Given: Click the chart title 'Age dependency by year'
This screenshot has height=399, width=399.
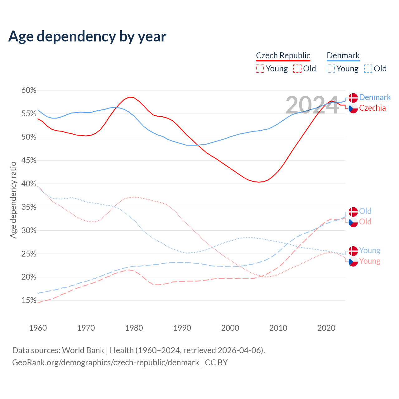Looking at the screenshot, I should pyautogui.click(x=87, y=36).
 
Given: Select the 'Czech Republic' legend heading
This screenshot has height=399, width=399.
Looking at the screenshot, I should pyautogui.click(x=283, y=55).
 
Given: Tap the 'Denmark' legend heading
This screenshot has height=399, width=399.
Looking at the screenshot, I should pyautogui.click(x=343, y=55).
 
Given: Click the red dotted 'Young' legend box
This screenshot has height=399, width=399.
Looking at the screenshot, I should pyautogui.click(x=260, y=69).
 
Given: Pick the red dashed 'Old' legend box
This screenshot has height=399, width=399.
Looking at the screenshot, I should pyautogui.click(x=297, y=69).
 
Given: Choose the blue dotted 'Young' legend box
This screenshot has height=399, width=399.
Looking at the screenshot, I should pyautogui.click(x=331, y=69).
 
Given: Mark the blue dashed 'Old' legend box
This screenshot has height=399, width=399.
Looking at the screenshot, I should pyautogui.click(x=368, y=69).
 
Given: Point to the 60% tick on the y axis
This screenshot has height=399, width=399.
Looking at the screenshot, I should pyautogui.click(x=29, y=90).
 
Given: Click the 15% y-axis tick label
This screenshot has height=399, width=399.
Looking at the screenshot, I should pyautogui.click(x=29, y=300).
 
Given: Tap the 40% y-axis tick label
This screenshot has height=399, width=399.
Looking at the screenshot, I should pyautogui.click(x=29, y=184).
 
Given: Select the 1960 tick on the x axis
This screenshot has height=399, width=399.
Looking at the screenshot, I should pyautogui.click(x=38, y=328).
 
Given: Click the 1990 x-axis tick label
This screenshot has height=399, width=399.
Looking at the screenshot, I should pyautogui.click(x=182, y=328).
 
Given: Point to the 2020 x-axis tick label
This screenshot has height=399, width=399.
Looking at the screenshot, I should pyautogui.click(x=326, y=328).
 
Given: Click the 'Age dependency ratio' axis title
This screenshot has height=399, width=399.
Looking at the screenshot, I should pyautogui.click(x=13, y=200).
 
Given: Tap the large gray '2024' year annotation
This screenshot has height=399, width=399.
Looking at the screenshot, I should pyautogui.click(x=312, y=105).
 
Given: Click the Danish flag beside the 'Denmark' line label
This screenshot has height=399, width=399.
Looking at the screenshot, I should pyautogui.click(x=353, y=98).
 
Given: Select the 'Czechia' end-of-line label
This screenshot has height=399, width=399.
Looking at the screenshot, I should pyautogui.click(x=372, y=108).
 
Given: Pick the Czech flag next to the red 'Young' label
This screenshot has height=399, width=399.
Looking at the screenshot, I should pyautogui.click(x=353, y=262).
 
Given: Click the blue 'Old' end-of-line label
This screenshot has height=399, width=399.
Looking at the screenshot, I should pyautogui.click(x=365, y=211).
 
